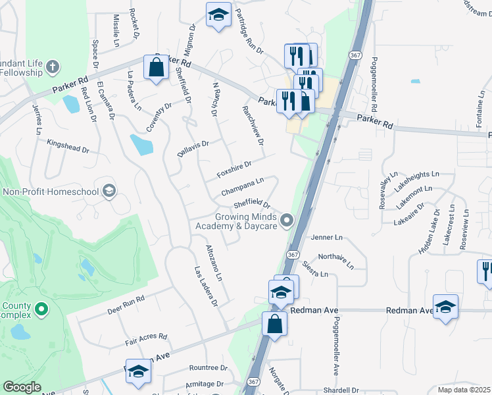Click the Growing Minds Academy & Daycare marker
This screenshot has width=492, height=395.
pos(286,220)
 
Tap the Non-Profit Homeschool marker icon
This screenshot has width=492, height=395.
pos(109,192)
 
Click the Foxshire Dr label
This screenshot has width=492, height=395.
pos(234,169)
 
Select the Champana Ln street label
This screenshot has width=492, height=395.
pos(243,186)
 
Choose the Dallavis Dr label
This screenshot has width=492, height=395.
pos(193,148)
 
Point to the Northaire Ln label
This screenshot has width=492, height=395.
pos(336,259)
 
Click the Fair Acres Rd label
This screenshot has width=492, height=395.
pos(146,339)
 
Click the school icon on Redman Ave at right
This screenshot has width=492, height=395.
pos(446,306)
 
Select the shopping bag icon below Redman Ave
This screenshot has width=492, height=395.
pos(274,324)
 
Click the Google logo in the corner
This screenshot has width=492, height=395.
pos(22,387)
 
